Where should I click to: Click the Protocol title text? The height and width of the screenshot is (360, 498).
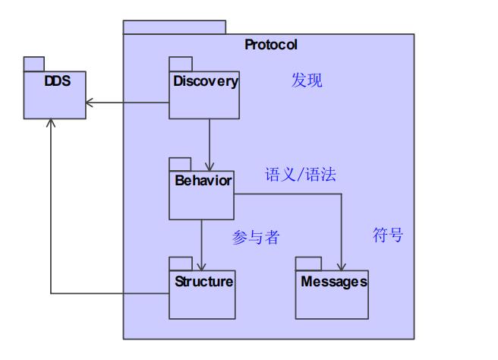click(270, 44)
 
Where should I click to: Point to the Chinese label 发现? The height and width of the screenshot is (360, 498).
click(307, 81)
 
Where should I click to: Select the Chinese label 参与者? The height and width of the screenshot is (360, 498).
click(256, 238)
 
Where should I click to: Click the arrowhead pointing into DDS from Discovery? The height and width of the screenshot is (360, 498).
click(89, 103)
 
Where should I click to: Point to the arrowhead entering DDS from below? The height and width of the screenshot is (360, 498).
click(51, 123)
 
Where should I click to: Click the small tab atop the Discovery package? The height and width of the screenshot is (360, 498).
click(179, 63)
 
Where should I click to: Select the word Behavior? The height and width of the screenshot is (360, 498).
click(203, 181)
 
